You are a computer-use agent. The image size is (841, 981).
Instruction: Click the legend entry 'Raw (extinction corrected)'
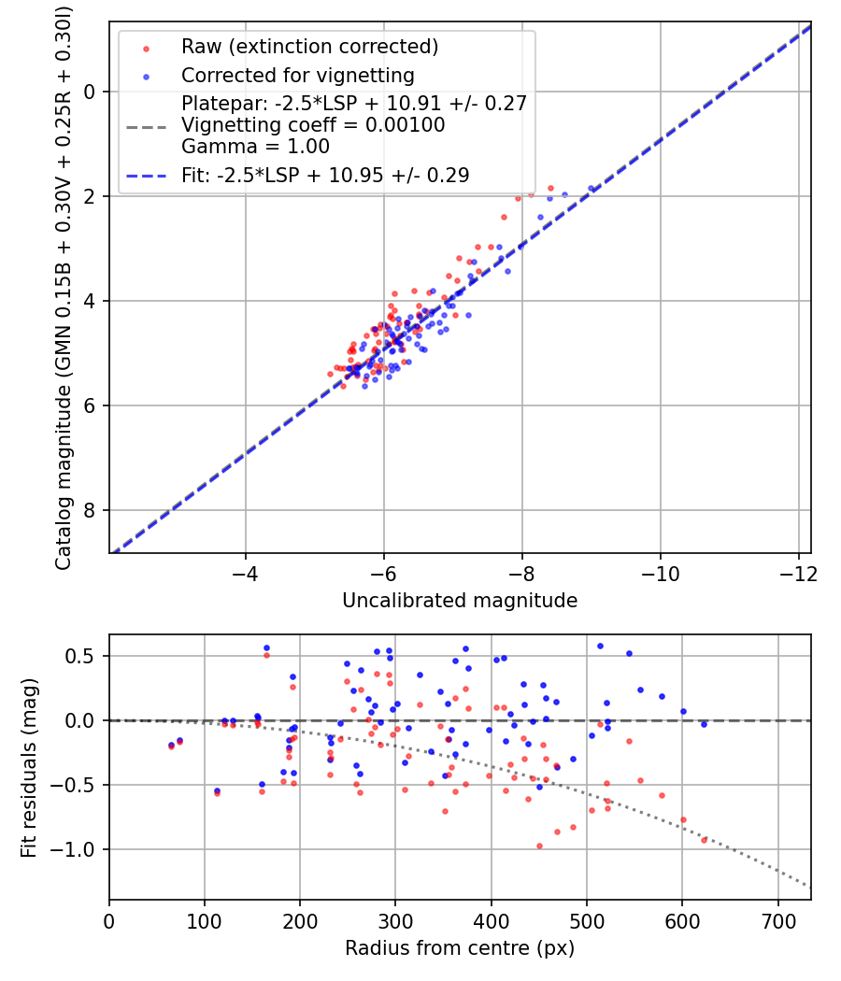pos(309,47)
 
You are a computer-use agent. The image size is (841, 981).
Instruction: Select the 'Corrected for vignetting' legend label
pos(298,75)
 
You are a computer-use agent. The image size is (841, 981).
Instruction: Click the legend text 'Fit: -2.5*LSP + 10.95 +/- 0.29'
pos(325,175)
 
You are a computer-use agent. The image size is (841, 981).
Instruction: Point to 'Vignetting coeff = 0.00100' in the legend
pos(313,125)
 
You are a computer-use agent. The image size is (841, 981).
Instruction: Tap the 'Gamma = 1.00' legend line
pos(255,147)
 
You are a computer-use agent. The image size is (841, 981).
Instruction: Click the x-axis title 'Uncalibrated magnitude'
pos(460,600)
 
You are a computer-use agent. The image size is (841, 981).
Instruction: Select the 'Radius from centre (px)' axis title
pos(460,948)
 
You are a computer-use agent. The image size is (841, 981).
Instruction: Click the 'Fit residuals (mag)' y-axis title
pos(29,767)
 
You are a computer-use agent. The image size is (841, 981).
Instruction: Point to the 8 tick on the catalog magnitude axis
pos(91,510)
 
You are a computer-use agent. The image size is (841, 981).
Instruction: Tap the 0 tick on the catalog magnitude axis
pos(91,92)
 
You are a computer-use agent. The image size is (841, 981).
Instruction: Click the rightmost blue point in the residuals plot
pos(704,724)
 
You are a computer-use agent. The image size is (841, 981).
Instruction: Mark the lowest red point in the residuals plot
pos(539,846)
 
